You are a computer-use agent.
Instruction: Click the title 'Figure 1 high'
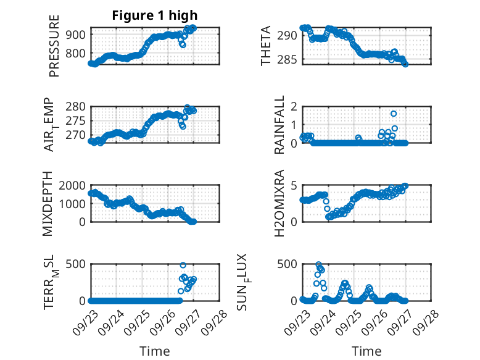pos(155,15)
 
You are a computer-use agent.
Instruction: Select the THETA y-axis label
pos(266,46)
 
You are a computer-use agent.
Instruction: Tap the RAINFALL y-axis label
pos(279,125)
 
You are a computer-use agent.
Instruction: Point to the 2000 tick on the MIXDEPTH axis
pos(73,185)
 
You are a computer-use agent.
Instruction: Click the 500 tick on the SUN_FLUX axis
pos(288,264)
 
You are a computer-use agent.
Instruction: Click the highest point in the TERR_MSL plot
pos(183,265)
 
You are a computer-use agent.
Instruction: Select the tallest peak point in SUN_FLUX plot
pos(318,265)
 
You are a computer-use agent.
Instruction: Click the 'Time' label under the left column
pos(155,351)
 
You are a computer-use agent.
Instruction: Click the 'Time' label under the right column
pos(366,351)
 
